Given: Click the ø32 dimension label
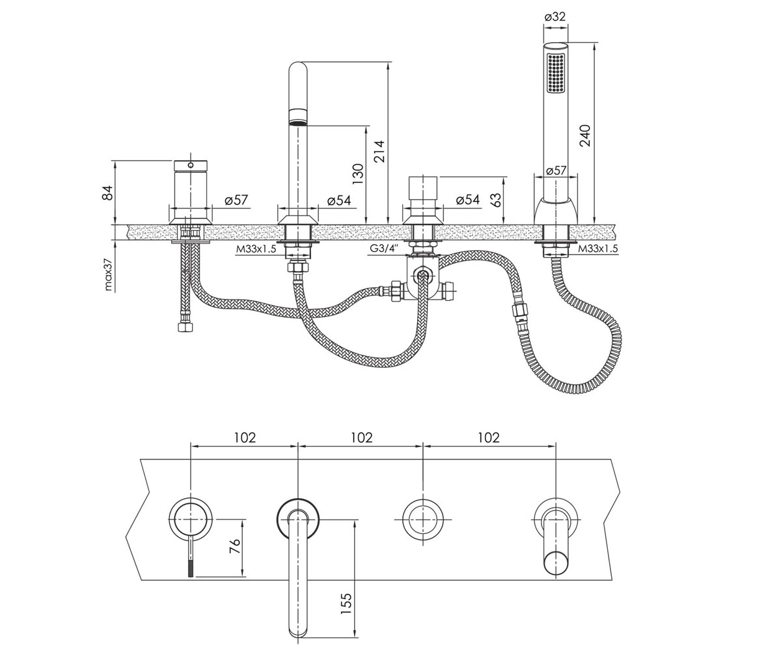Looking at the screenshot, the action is click(x=555, y=17).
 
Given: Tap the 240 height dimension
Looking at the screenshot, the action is click(x=584, y=135).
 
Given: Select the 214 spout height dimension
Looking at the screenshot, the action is click(x=379, y=151).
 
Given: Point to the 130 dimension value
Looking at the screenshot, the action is click(x=358, y=174).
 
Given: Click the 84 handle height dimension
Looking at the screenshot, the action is click(x=108, y=193).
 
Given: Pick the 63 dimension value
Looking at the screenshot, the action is click(x=496, y=199).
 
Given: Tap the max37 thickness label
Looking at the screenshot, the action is click(x=109, y=276).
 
